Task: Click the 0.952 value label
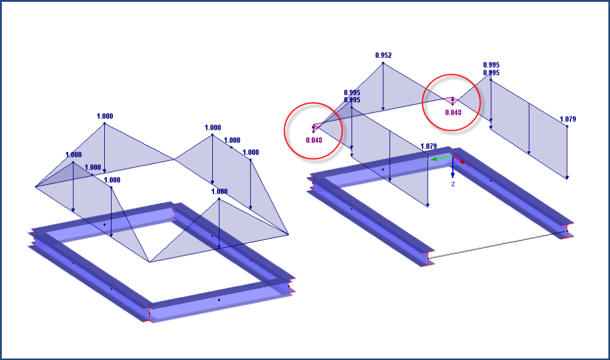coord(383,56)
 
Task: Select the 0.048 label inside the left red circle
coord(314,140)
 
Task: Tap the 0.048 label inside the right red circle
coord(453,112)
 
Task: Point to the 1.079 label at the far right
coord(567,120)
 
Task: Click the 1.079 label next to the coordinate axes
coord(429,147)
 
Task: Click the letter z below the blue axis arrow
coord(453,183)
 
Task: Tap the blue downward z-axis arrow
coord(453,169)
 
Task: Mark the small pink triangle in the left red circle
coord(317,127)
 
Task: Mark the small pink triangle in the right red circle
coord(451,101)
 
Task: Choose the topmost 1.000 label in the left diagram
coord(104,116)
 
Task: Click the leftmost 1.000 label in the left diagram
coord(73,156)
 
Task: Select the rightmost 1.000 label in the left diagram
coord(251,153)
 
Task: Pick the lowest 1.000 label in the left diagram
coord(220,192)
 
